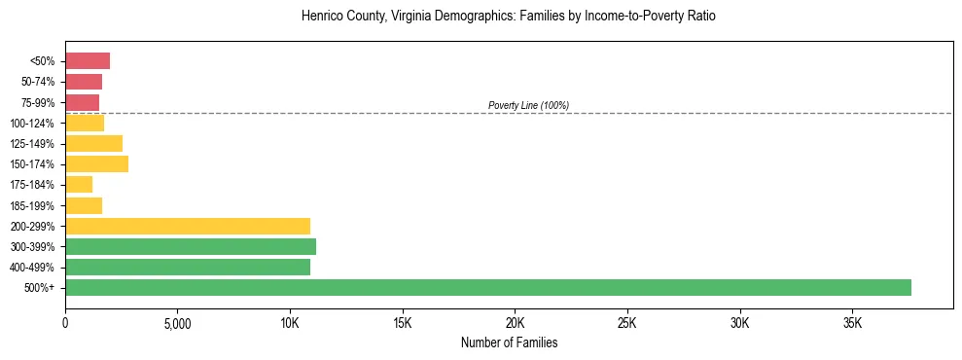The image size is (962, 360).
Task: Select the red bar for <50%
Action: pos(88,61)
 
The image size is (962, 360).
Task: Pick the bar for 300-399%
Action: pos(191,246)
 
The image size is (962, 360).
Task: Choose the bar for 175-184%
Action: pos(79,184)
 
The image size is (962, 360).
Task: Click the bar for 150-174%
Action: pos(96,163)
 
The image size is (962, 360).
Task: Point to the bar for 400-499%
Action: pos(188,267)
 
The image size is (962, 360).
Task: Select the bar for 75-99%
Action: pos(82,102)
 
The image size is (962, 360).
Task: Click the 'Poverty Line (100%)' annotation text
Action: pos(528,105)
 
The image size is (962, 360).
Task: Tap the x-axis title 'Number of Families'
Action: pos(509,342)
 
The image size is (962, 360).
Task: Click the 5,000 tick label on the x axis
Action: pos(177,322)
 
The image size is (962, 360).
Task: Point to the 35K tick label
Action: pos(852,322)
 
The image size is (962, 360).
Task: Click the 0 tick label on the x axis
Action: pos(65,322)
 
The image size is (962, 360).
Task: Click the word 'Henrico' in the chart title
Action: pos(323,17)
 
